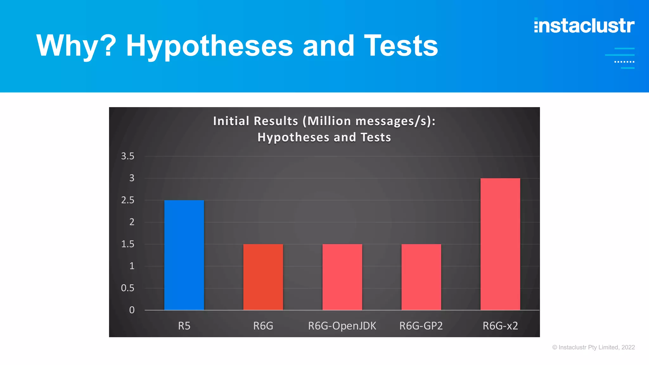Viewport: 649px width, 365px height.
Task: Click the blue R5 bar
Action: (x=184, y=255)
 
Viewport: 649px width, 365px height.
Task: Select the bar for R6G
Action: (x=263, y=277)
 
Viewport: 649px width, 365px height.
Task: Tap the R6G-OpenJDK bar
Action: (x=342, y=277)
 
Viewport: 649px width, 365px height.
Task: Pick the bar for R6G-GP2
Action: (x=421, y=277)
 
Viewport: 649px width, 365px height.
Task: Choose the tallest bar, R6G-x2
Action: (x=500, y=244)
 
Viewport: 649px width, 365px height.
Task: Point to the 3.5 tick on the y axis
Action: (x=128, y=156)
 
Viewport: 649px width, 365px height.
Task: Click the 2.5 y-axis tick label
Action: (x=128, y=200)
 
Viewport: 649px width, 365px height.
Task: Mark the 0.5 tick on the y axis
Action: (x=128, y=288)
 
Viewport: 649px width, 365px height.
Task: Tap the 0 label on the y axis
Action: (x=132, y=310)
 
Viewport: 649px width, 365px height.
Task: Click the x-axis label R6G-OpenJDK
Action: (x=342, y=326)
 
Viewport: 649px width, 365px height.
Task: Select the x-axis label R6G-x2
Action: (x=500, y=326)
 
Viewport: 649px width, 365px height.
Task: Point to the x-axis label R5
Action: (x=184, y=326)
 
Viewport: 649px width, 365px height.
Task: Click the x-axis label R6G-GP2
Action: (x=421, y=326)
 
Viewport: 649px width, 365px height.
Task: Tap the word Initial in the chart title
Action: (x=231, y=121)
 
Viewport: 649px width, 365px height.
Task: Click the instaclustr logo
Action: (x=584, y=26)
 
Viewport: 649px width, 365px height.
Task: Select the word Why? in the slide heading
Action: (x=76, y=46)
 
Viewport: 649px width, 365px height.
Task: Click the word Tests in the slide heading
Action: (x=401, y=46)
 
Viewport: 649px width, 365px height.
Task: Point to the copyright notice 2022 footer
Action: (x=594, y=347)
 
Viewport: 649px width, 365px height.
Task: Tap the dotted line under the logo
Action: (x=624, y=62)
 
